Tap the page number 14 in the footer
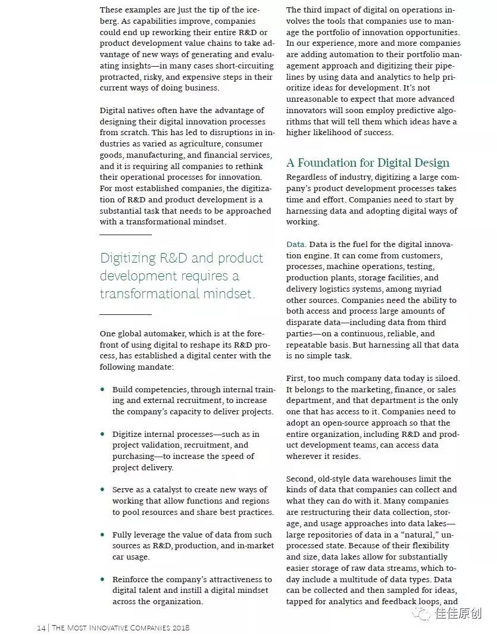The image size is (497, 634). click(41, 627)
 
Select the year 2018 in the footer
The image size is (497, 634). click(180, 627)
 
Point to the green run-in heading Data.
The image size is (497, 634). click(296, 245)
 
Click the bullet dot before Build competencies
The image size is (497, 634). click(102, 390)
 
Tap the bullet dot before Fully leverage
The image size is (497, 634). click(102, 535)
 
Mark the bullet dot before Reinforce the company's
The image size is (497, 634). click(102, 580)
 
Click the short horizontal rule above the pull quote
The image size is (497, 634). click(125, 235)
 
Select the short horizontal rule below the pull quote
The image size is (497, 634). click(125, 314)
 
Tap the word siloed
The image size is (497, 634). click(446, 379)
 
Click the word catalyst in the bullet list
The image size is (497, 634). click(158, 490)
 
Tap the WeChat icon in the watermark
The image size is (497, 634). click(424, 614)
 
